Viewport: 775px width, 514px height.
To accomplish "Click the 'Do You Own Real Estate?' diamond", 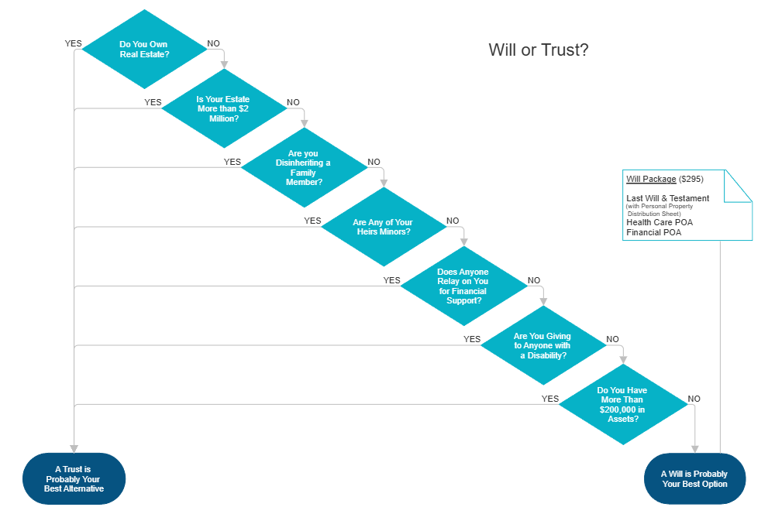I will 143,50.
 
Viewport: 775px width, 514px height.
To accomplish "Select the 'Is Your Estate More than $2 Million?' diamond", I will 223,109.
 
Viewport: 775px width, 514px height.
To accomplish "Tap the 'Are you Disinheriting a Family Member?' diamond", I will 303,168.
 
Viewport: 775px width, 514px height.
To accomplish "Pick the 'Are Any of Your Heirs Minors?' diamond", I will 383,228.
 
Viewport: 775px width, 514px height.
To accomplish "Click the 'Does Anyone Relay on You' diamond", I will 463,286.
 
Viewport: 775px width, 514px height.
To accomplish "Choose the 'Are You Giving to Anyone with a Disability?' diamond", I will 542,345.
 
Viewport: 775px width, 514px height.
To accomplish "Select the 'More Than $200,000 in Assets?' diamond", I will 623,405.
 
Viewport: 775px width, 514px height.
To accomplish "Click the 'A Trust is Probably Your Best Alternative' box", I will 74,478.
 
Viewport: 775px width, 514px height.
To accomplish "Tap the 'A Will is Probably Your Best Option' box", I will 694,478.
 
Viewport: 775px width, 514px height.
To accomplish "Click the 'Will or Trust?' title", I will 538,50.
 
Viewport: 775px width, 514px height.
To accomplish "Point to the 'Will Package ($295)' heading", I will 664,180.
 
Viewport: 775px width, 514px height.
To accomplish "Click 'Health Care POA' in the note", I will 660,223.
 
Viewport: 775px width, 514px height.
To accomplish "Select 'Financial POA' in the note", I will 654,232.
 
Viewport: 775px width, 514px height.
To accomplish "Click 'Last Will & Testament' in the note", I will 667,198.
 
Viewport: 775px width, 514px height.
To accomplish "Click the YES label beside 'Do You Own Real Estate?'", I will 73,44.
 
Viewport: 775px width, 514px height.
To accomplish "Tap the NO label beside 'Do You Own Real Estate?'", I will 212,44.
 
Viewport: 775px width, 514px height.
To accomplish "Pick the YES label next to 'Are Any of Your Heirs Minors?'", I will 312,221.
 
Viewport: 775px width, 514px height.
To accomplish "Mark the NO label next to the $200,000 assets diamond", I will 694,399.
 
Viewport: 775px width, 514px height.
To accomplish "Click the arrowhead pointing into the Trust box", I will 74,448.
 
